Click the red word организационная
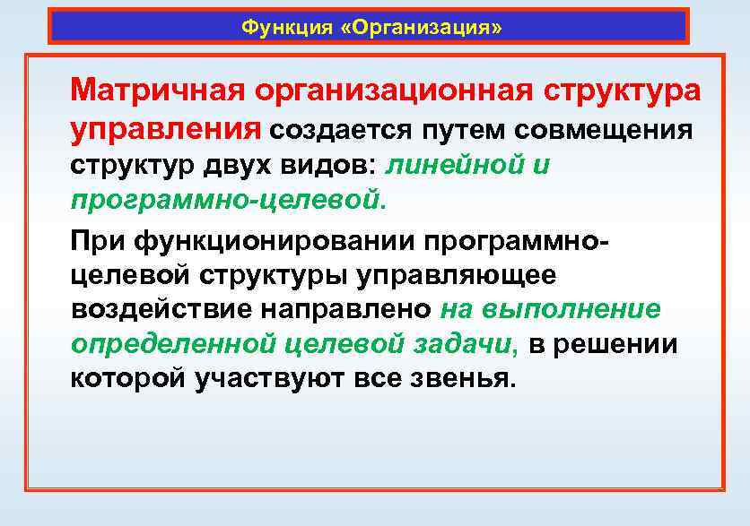[387, 91]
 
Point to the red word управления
[163, 130]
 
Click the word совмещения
[604, 131]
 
